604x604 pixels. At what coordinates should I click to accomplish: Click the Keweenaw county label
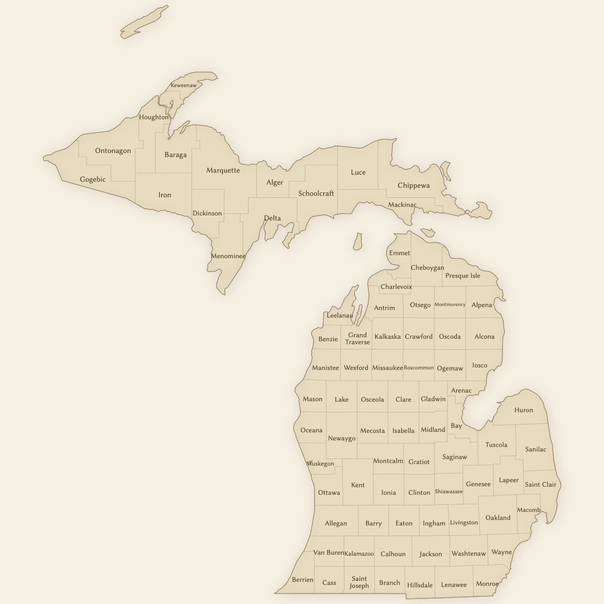tap(183, 86)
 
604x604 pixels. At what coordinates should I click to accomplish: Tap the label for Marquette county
tap(223, 170)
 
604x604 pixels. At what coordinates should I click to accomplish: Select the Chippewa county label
tap(414, 185)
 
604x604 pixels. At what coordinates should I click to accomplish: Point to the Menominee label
tap(228, 256)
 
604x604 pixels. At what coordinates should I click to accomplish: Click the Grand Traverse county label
tap(357, 338)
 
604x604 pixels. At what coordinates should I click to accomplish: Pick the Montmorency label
tap(449, 305)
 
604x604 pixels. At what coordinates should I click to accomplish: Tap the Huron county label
tap(523, 410)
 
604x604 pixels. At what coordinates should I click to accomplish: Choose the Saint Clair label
tap(541, 485)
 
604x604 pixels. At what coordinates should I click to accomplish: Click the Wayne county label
tap(501, 552)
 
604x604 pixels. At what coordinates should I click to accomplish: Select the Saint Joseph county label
tap(359, 582)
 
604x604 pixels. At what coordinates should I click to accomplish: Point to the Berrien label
tap(303, 580)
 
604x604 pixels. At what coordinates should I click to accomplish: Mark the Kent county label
tap(358, 485)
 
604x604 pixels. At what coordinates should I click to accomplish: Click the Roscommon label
tap(418, 368)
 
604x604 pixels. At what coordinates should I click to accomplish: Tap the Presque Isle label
tap(463, 276)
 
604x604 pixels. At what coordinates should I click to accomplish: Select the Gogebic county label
tap(93, 179)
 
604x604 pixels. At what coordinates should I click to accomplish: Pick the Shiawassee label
tap(448, 492)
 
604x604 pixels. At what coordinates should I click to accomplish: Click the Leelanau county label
tap(340, 316)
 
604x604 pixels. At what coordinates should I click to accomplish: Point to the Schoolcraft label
tap(316, 193)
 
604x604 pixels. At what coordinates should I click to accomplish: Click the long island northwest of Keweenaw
tap(143, 22)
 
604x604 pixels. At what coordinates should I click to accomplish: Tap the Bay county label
tap(456, 426)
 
